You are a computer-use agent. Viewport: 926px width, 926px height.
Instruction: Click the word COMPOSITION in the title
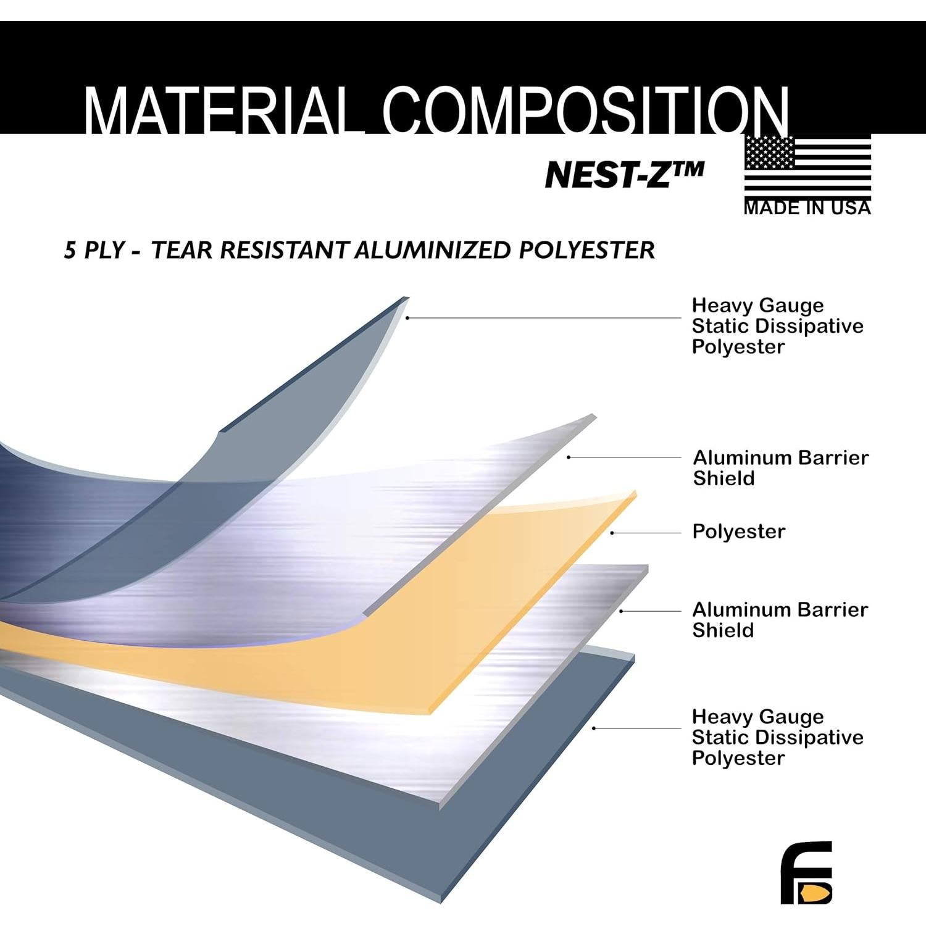586,111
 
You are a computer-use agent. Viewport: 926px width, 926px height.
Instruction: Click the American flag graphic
807,167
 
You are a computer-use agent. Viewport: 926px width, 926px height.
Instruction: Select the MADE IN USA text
807,208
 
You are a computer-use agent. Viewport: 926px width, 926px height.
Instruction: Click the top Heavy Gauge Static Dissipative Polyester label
777,326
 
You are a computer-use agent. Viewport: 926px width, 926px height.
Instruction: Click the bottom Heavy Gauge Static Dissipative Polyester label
777,737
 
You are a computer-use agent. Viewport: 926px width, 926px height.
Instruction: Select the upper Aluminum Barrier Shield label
780,468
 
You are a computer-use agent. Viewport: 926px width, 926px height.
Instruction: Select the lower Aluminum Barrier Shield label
780,620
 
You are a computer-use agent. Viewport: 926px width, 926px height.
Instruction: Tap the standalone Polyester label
738,532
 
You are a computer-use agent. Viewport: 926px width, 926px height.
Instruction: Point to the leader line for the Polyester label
646,533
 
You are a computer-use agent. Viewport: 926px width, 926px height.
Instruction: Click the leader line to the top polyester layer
543,318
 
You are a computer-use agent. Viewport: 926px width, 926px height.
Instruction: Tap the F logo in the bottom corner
806,872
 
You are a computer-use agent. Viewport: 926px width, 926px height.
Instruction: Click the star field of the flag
769,152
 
